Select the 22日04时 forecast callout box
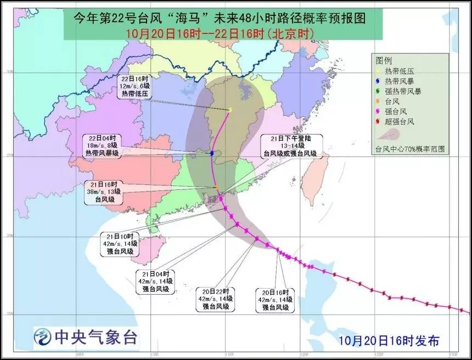[102, 145]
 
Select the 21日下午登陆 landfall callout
[291, 146]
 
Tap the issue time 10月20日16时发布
[388, 341]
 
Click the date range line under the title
[220, 33]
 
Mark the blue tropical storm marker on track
[212, 153]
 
